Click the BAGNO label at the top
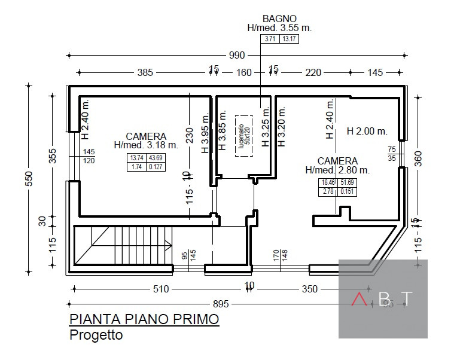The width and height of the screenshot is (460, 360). (x=279, y=19)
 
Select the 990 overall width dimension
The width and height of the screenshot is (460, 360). (x=237, y=56)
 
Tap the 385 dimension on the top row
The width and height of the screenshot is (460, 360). (x=145, y=72)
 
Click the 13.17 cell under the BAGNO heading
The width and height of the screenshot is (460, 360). (x=290, y=39)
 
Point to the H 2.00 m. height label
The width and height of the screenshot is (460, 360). (x=367, y=131)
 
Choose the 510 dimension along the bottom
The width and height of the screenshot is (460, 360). (x=161, y=289)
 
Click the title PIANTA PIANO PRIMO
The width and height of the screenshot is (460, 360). (x=144, y=320)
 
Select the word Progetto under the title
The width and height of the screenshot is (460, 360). (x=96, y=335)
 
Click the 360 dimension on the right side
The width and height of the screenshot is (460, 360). (x=418, y=158)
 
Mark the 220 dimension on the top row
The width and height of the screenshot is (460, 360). (x=313, y=72)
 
